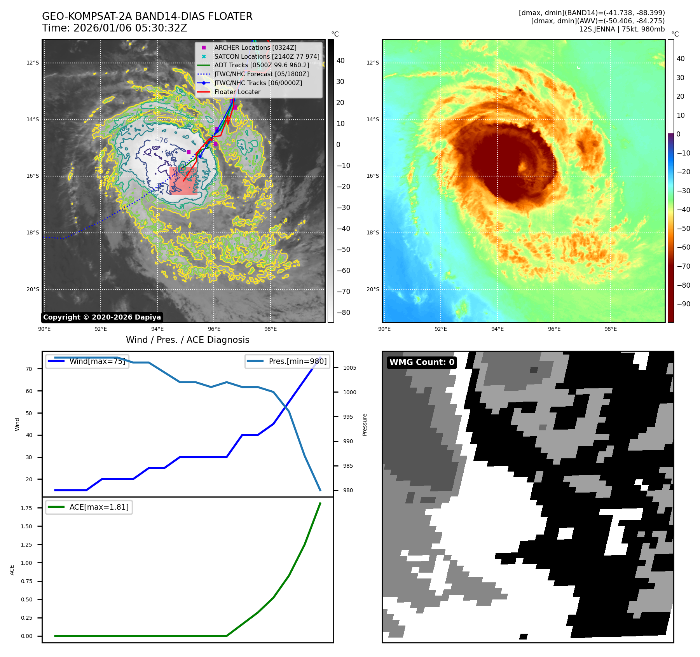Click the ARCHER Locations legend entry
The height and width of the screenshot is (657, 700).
coord(255,47)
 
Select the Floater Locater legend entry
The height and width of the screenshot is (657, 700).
coord(237,92)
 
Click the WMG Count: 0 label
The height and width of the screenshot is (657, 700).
coord(422,362)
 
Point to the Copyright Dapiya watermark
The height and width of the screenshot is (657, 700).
coord(102,317)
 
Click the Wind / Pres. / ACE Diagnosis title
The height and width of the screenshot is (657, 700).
coord(187,340)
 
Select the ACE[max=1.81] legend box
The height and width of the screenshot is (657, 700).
coord(89,507)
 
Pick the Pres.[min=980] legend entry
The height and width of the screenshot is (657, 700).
coord(287,361)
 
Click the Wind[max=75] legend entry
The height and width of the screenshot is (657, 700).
coord(87,361)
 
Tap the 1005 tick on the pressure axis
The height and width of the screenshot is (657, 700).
coord(349,368)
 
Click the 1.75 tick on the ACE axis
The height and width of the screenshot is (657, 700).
coord(26,508)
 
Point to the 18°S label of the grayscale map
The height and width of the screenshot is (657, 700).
coord(33,232)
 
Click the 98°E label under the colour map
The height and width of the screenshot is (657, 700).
coord(611,329)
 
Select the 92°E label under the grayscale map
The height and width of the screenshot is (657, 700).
coord(101,329)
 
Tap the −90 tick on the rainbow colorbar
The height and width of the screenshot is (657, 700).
coord(683,304)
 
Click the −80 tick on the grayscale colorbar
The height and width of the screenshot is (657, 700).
coord(343,313)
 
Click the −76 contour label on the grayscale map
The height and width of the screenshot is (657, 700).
coord(161,140)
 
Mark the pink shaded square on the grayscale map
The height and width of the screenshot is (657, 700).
coord(183,181)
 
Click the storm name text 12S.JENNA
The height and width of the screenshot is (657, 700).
coord(597,29)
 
